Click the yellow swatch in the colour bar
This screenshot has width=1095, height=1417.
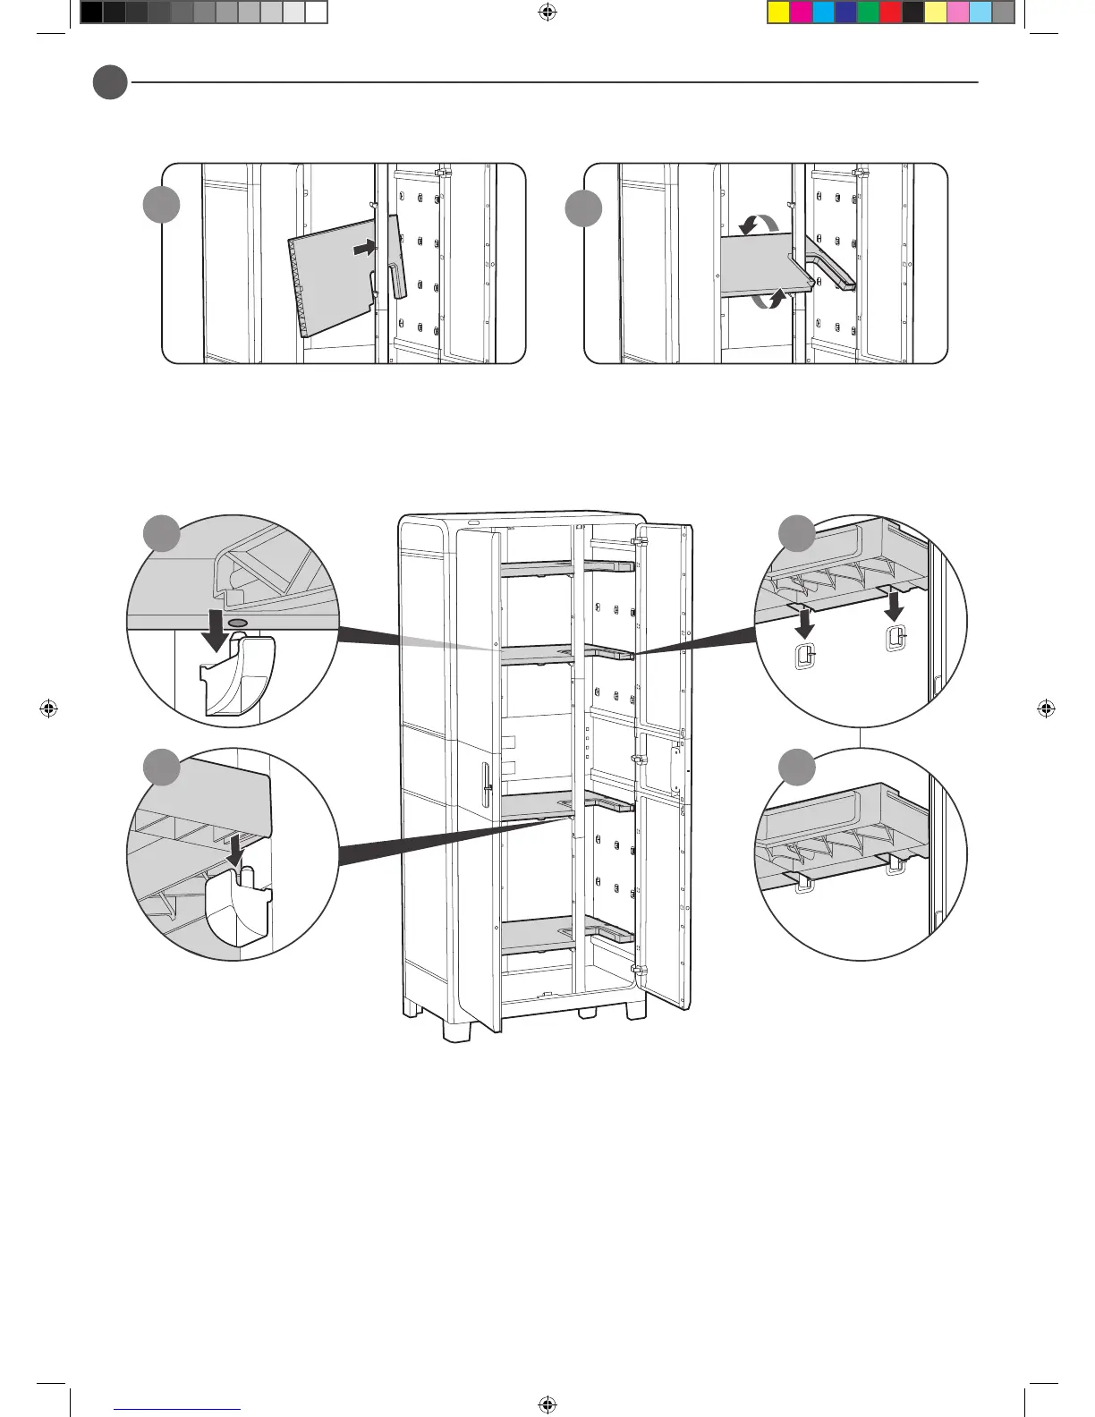click(778, 13)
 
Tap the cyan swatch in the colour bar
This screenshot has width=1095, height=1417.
click(823, 13)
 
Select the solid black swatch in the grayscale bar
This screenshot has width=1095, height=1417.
click(91, 13)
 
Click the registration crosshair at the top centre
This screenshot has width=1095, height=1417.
click(547, 13)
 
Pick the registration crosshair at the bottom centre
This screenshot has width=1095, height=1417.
click(547, 1404)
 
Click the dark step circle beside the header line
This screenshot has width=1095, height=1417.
click(110, 82)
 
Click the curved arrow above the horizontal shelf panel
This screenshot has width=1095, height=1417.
click(759, 224)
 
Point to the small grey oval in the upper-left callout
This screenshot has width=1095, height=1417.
click(238, 622)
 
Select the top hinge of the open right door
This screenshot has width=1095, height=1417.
click(641, 542)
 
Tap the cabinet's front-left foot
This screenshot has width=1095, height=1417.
click(458, 1029)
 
